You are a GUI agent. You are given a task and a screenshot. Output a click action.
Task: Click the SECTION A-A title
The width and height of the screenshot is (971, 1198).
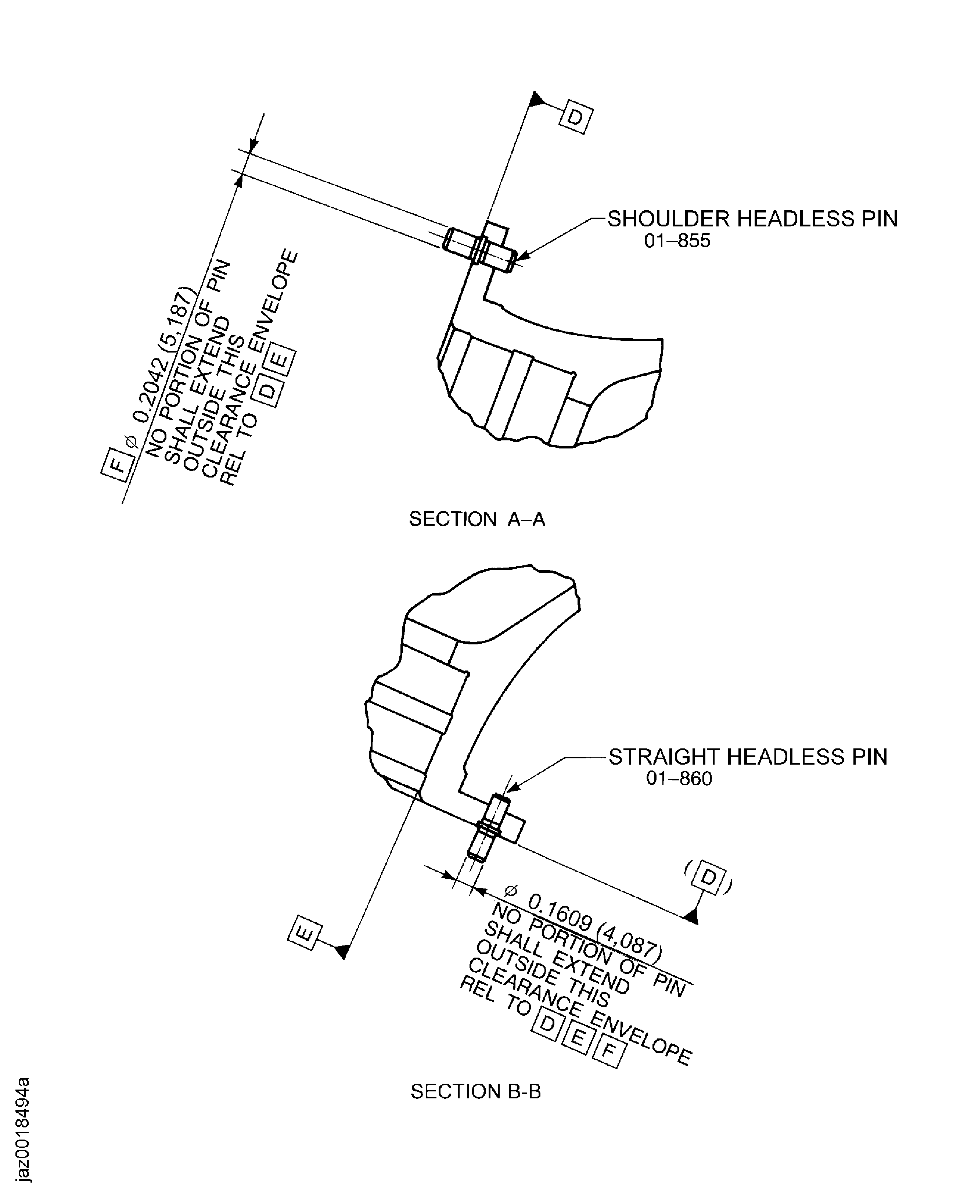tap(476, 519)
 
